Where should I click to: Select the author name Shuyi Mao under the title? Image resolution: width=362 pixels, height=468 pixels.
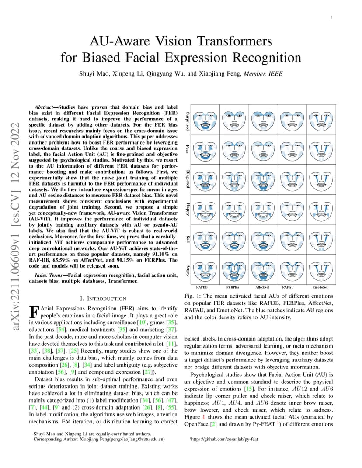pyautogui.click(x=94, y=74)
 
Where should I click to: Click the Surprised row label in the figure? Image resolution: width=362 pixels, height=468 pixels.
pyautogui.click(x=188, y=121)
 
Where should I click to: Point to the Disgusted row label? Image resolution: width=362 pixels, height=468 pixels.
pyautogui.click(x=188, y=179)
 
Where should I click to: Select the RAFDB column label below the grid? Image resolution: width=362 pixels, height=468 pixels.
pyautogui.click(x=202, y=287)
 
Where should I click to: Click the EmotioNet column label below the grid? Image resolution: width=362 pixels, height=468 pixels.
pyautogui.click(x=320, y=287)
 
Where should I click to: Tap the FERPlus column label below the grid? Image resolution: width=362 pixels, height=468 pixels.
pyautogui.click(x=233, y=287)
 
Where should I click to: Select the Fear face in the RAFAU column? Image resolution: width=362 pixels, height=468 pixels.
pyautogui.click(x=292, y=150)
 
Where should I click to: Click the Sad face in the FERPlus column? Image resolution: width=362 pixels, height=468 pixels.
pyautogui.click(x=234, y=240)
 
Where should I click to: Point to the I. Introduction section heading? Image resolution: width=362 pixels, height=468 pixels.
pyautogui.click(x=103, y=299)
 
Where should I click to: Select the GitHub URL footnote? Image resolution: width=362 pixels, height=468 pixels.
pyautogui.click(x=224, y=439)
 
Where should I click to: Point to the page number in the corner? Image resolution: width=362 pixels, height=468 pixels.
pyautogui.click(x=332, y=17)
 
